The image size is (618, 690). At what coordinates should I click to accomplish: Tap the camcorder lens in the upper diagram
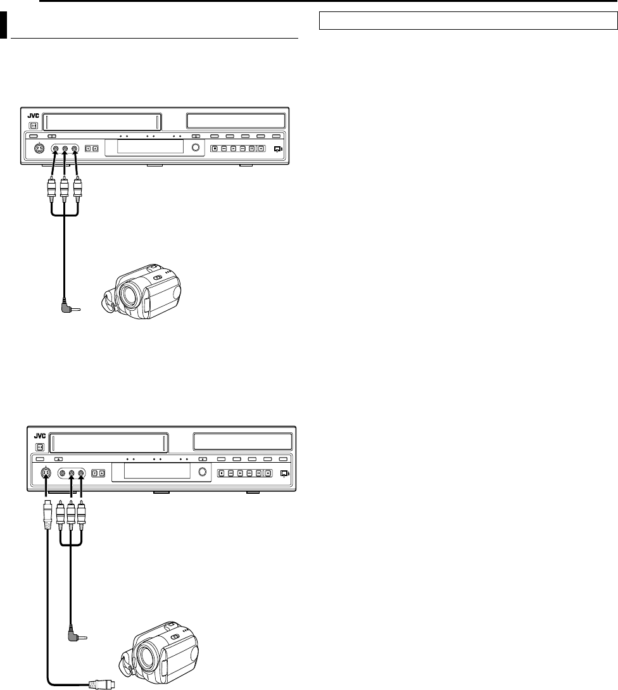point(130,292)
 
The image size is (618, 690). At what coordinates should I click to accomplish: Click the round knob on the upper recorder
point(196,149)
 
